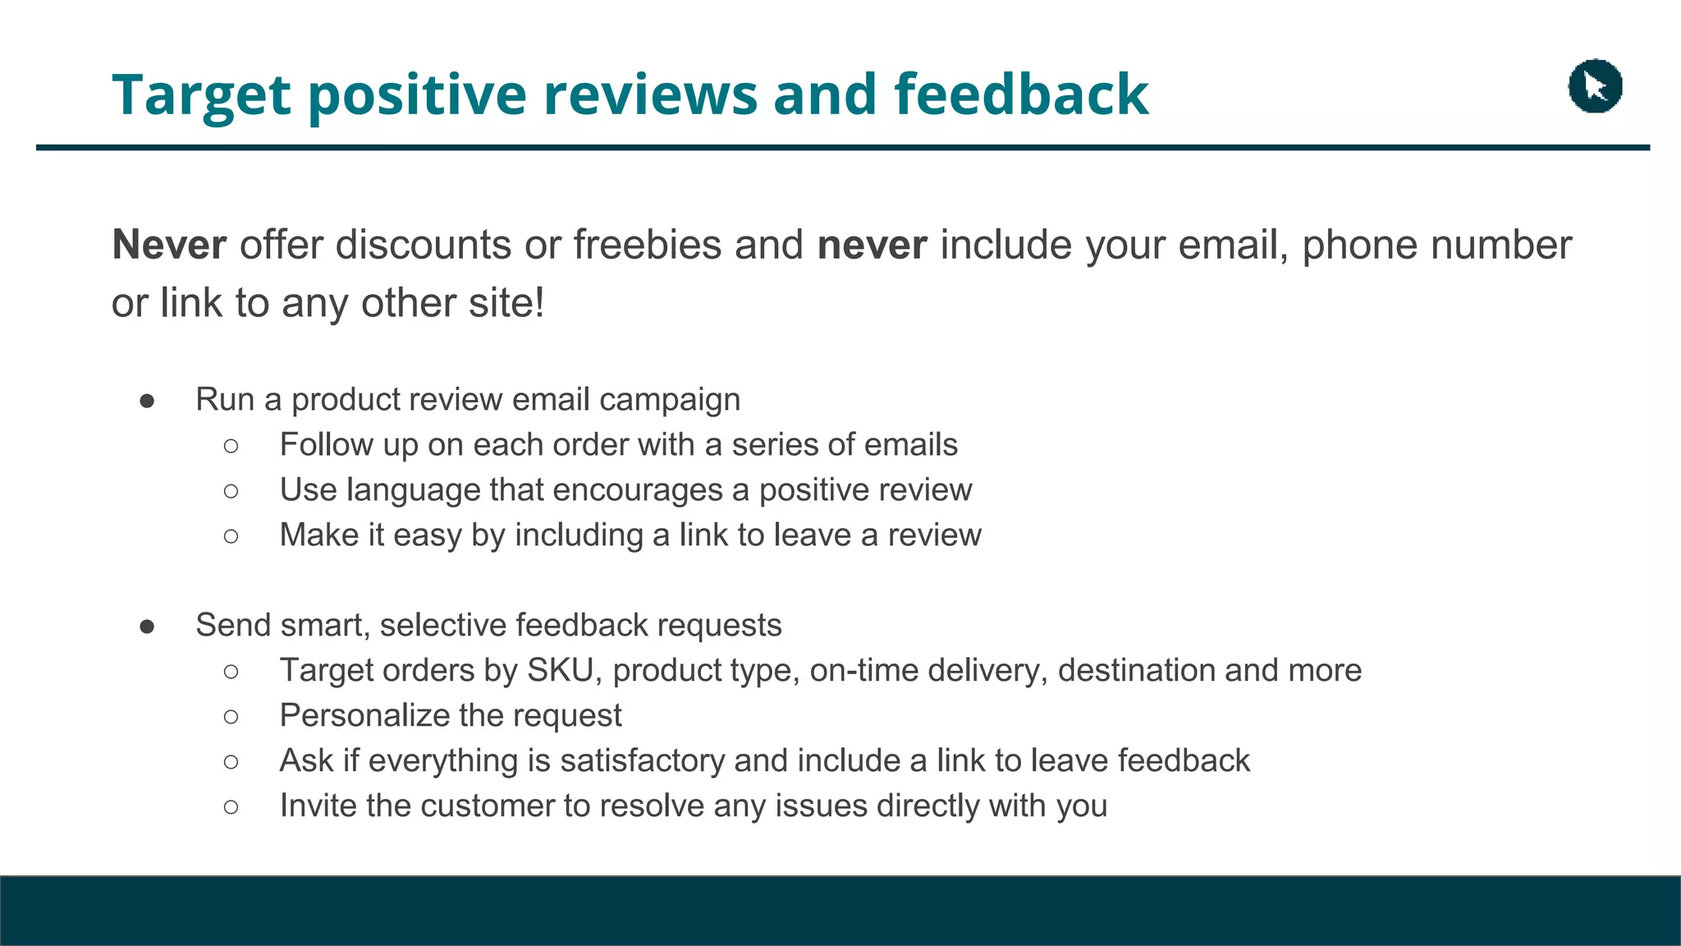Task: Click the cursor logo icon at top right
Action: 1595,86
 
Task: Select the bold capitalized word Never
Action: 169,245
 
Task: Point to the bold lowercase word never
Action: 872,246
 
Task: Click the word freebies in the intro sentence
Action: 647,245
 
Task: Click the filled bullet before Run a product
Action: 148,401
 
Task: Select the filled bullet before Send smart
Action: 148,627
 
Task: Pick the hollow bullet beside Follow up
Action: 231,446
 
